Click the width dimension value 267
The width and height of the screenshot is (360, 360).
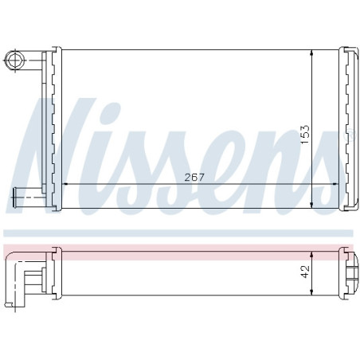193,177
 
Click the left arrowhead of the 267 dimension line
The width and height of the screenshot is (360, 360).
65,184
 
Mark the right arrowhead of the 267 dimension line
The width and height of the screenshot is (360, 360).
336,184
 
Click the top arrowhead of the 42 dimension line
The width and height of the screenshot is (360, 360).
311,252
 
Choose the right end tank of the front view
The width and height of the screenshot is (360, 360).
348,129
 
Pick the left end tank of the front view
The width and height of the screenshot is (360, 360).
54,129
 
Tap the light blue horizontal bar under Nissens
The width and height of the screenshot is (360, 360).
180,233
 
